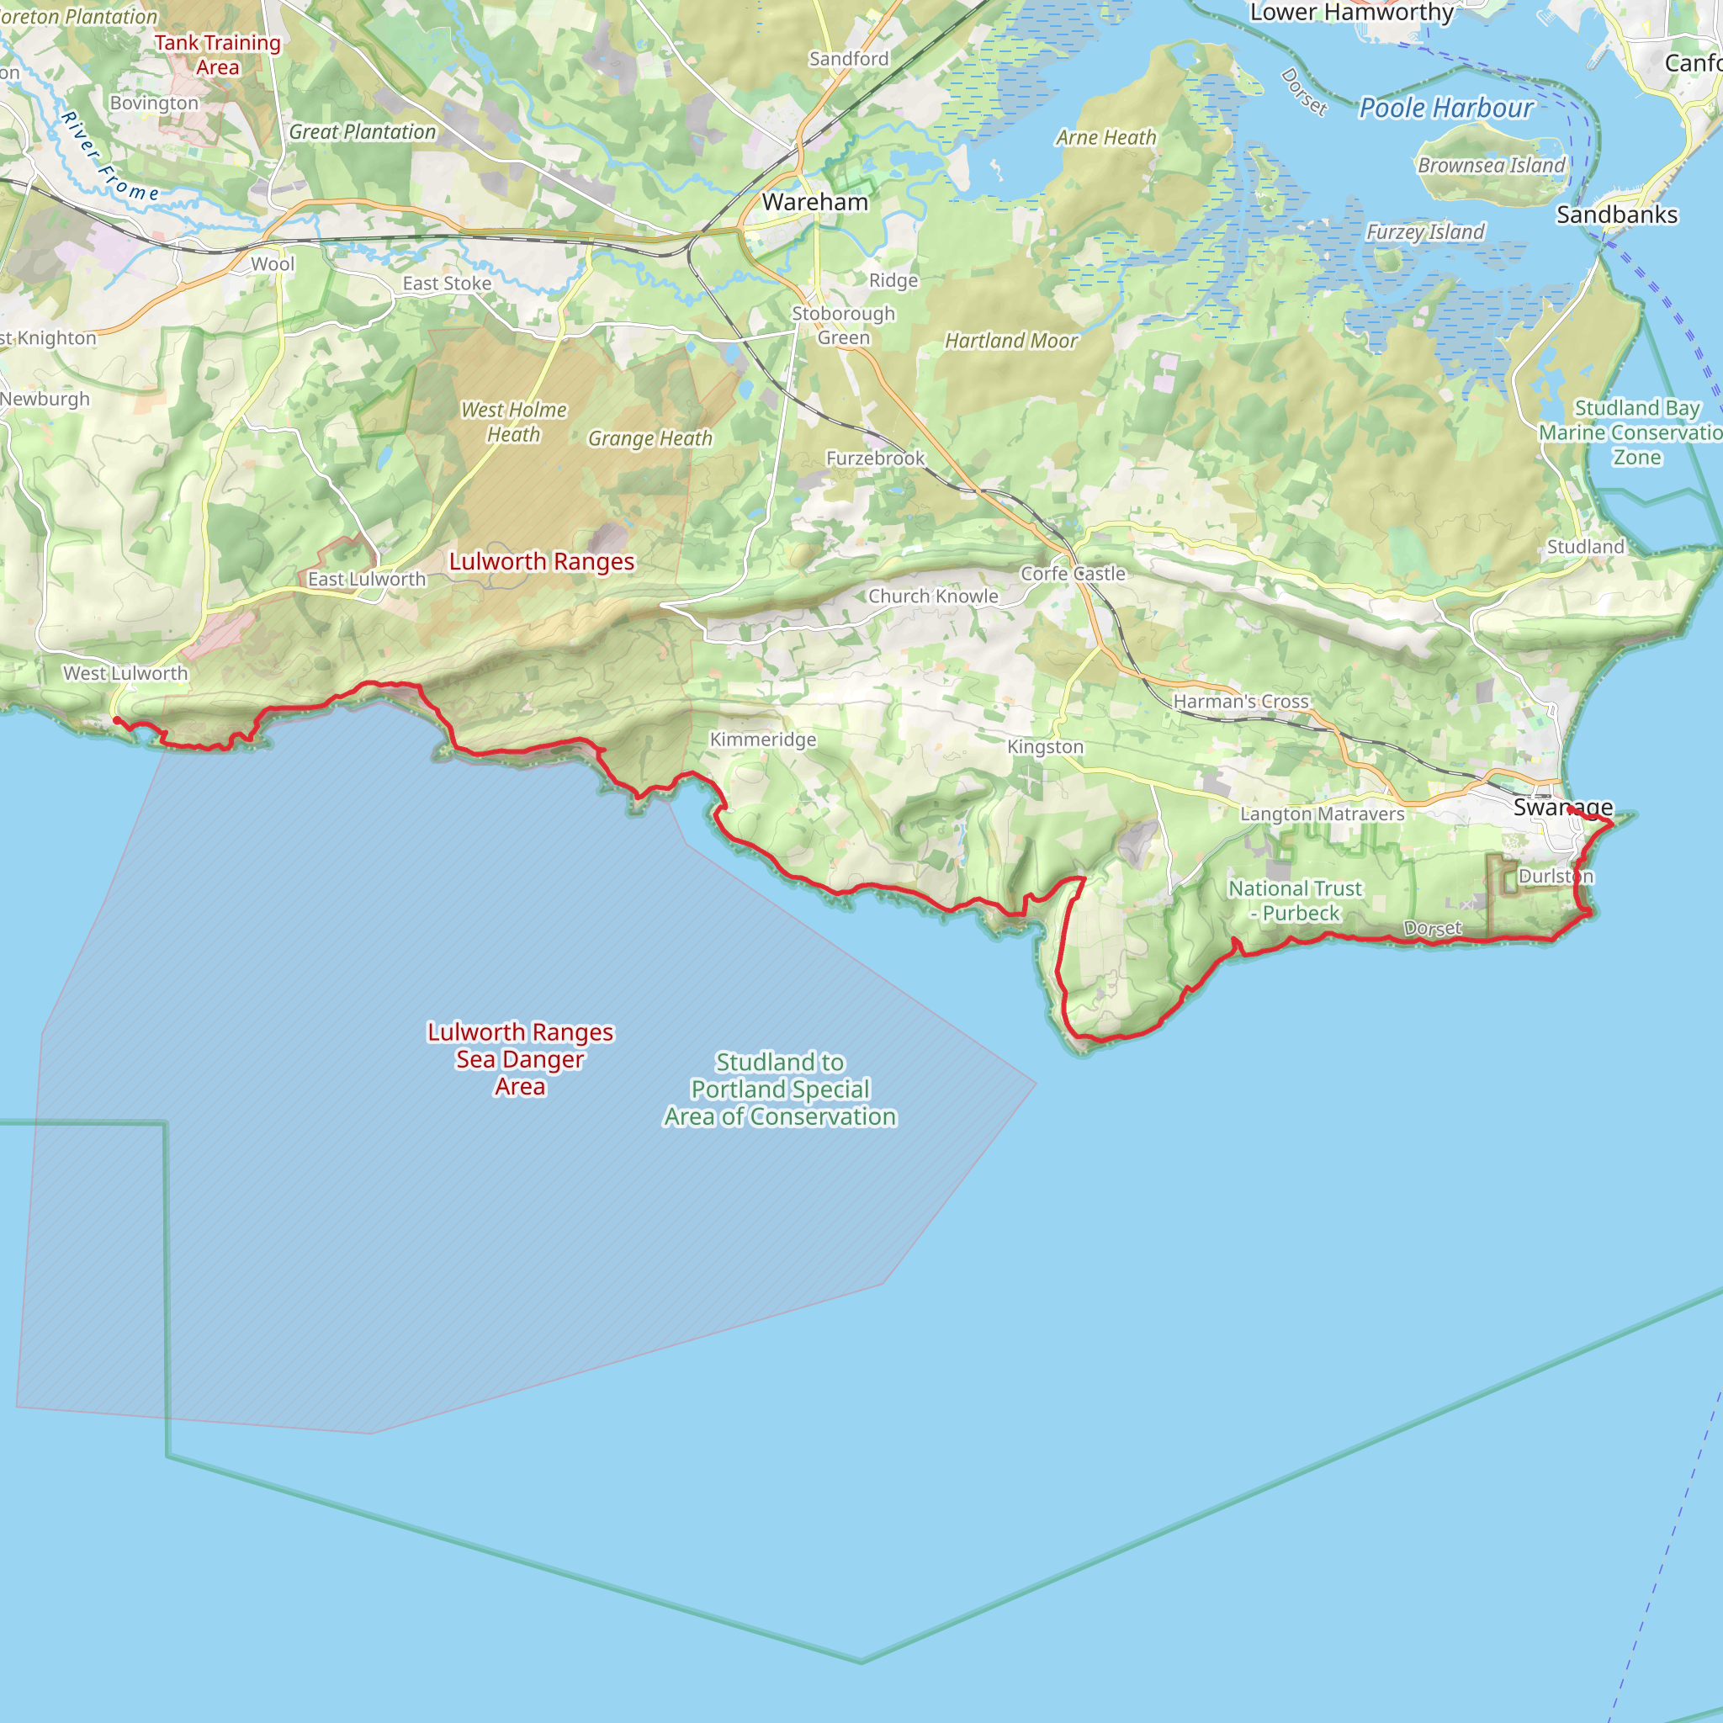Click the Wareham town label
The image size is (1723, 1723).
(814, 203)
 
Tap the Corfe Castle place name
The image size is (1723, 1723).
(1073, 574)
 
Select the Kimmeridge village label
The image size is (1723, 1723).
(762, 740)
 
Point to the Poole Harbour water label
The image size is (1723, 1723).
(1445, 109)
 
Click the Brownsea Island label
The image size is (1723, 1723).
(1491, 165)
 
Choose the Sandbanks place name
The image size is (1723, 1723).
(1617, 215)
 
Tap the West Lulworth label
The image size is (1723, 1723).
(125, 673)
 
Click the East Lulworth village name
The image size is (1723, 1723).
(367, 579)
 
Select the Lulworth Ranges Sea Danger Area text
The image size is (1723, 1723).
(520, 1058)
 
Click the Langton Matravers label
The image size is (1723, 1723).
(1322, 814)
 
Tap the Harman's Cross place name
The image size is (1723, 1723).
(1241, 701)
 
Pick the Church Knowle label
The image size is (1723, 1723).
(933, 596)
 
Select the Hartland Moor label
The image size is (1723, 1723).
(1011, 341)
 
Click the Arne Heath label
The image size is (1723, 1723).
(1105, 137)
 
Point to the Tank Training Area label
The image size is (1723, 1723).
(218, 56)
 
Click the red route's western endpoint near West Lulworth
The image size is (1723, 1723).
(117, 719)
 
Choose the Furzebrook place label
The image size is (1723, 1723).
(875, 459)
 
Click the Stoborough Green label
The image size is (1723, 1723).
(843, 326)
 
